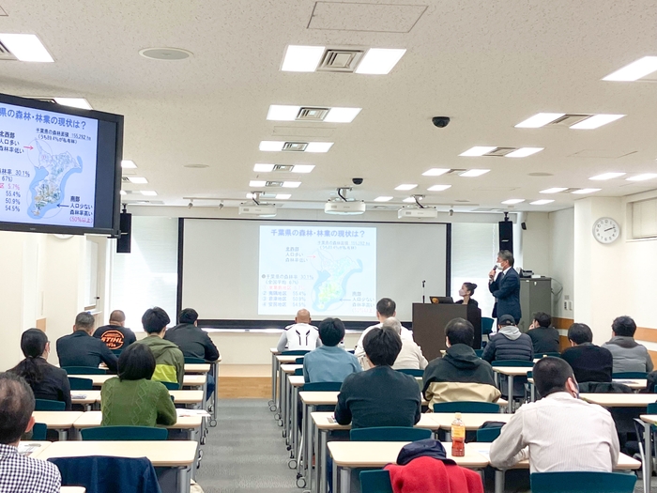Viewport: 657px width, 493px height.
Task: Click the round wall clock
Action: pos(606,230)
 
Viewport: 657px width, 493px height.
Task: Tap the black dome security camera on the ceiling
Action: pos(440,121)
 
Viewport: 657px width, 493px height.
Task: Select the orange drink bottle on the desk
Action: pos(458,436)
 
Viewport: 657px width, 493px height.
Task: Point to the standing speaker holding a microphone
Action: pos(506,286)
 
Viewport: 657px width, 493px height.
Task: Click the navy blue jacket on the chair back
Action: pos(104,473)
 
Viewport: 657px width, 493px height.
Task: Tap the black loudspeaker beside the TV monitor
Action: pos(124,231)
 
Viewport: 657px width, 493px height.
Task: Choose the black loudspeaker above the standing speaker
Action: pos(506,234)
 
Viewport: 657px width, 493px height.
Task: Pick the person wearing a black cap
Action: pos(508,339)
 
